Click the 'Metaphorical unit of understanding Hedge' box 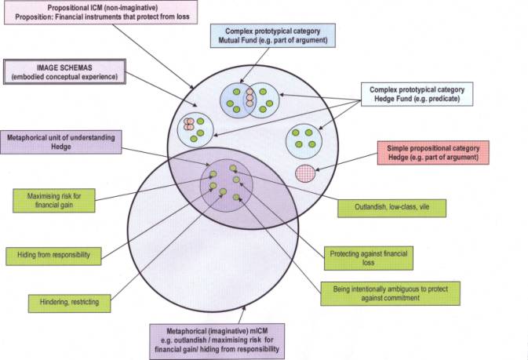pos(62,142)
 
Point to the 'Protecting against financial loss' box pos(368,258)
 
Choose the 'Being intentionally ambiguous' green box pos(389,293)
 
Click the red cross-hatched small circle pos(305,172)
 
